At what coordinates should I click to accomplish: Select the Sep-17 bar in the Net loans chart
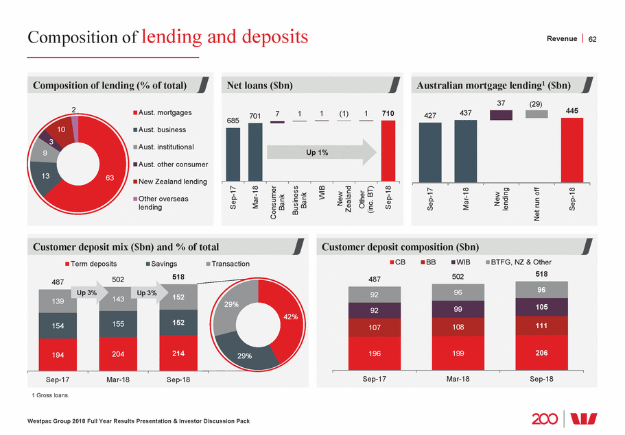233,154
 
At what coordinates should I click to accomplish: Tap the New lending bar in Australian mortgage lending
501,115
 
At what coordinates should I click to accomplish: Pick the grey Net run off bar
536,114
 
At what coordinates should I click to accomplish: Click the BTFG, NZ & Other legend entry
519,262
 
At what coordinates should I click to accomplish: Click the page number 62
593,39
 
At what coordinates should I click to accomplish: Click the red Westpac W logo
591,418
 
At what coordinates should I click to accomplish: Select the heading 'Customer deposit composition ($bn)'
401,246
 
